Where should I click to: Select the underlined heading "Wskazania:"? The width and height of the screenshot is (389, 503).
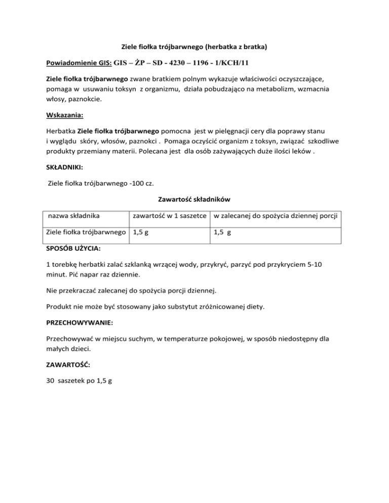coord(66,115)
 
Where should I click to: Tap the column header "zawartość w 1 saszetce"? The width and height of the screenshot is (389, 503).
coord(170,217)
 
